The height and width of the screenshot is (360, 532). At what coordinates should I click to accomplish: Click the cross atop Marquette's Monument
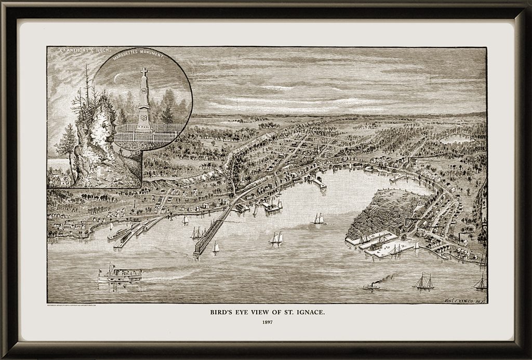tap(144, 71)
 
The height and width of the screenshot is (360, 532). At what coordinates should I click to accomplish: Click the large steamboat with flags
tap(120, 274)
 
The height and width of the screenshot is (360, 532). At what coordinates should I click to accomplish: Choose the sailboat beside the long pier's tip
tap(216, 248)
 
